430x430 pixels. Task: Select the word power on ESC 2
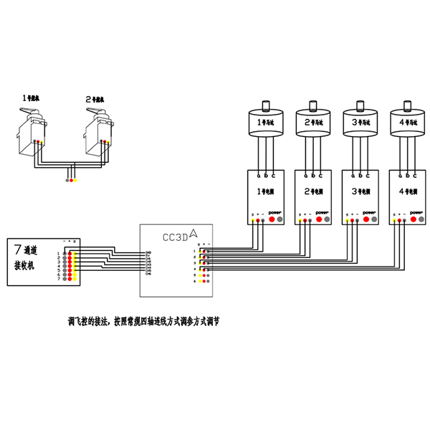click(x=322, y=212)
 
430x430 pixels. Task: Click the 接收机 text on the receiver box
click(x=27, y=265)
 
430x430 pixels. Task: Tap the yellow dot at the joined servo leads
click(x=77, y=179)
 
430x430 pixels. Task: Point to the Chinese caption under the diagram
click(x=143, y=322)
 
